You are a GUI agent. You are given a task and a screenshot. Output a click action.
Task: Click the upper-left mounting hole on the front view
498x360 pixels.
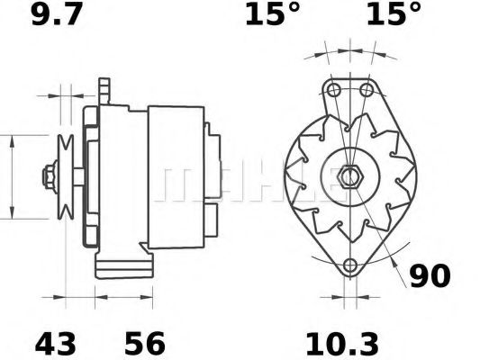(334, 90)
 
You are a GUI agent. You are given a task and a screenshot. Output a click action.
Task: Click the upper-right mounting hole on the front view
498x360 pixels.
(367, 90)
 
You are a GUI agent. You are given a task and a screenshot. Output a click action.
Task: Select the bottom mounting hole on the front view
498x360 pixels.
(350, 266)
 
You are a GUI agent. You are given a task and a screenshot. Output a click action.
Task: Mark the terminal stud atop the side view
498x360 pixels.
(104, 89)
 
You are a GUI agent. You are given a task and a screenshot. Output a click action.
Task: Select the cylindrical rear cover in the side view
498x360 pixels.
(177, 171)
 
